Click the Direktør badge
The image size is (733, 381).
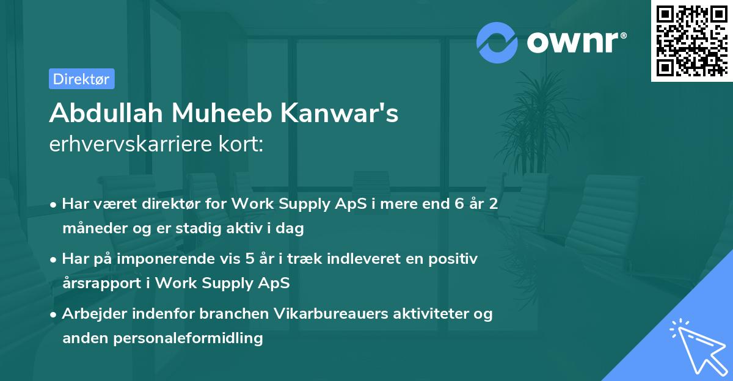(x=81, y=79)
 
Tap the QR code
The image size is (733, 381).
(x=691, y=40)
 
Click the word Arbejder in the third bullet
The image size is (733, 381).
(x=89, y=314)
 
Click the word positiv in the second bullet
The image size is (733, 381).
(x=454, y=258)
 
